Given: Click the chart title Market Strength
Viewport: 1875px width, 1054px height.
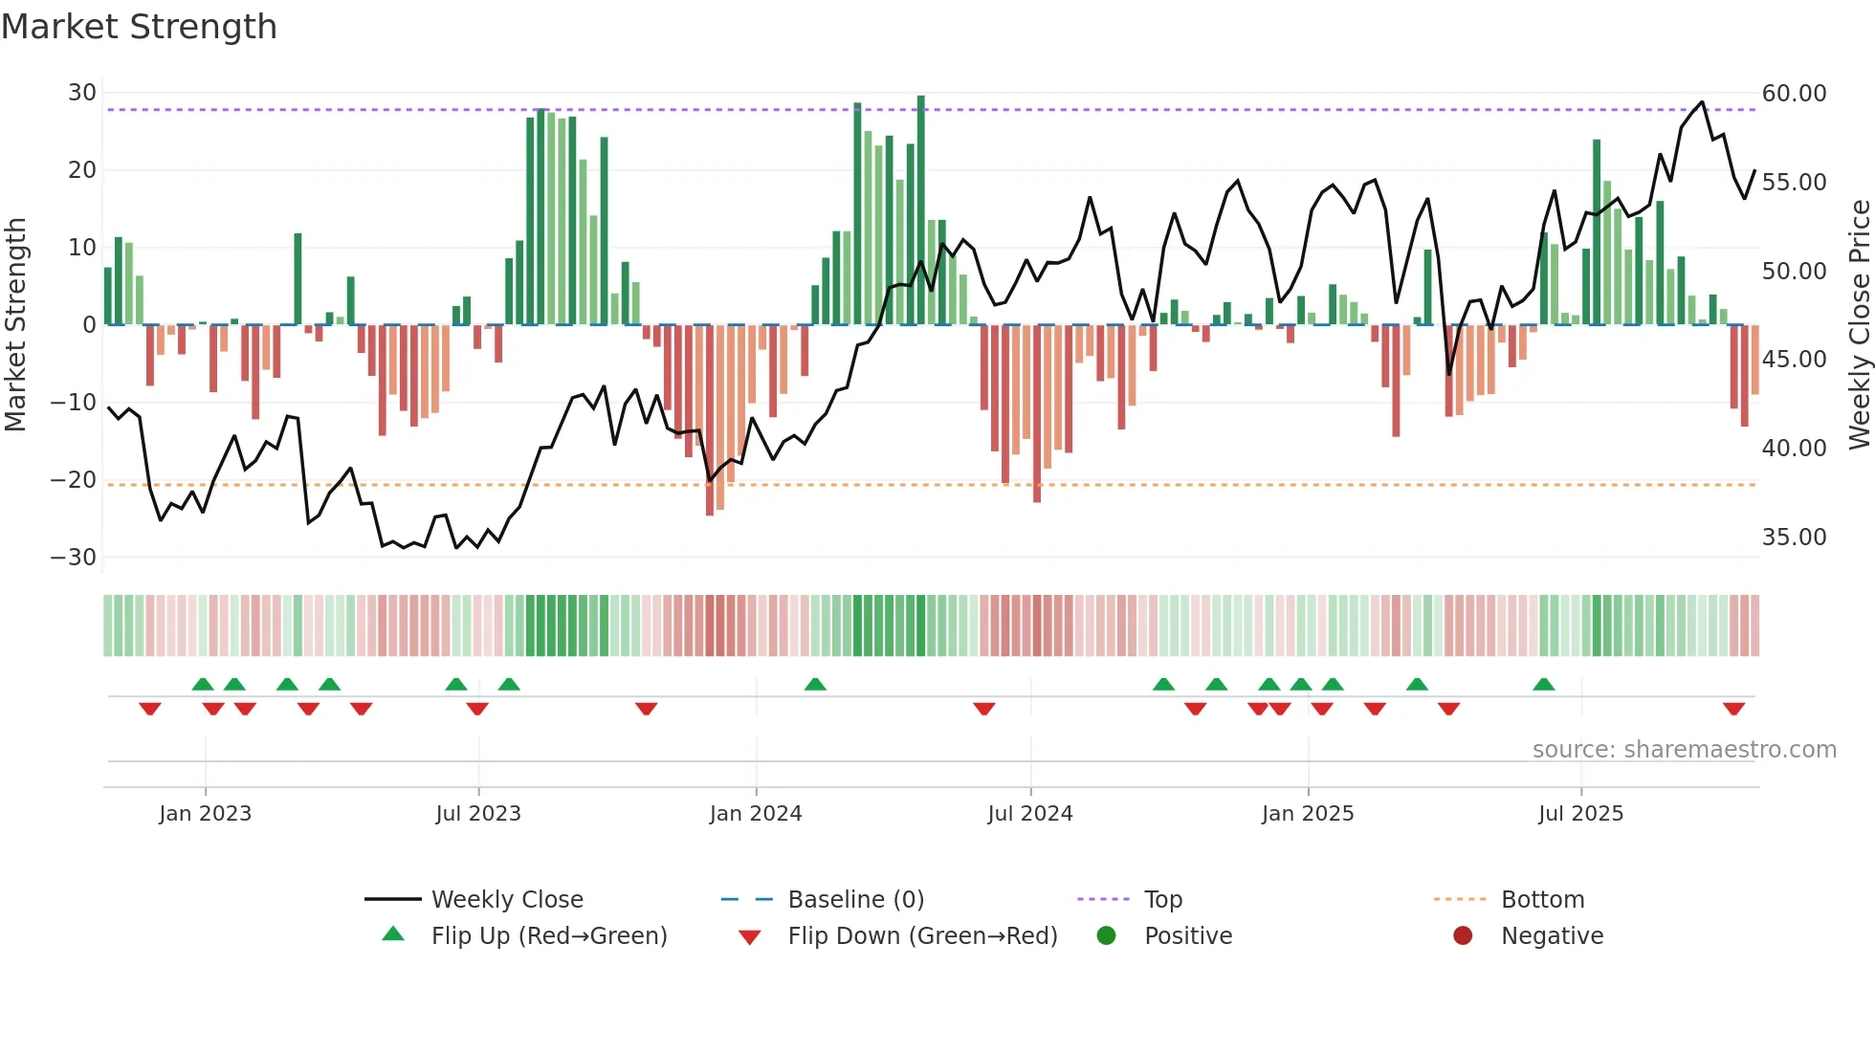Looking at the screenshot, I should click(x=139, y=27).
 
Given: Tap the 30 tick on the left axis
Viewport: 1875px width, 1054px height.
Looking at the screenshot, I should click(x=82, y=93).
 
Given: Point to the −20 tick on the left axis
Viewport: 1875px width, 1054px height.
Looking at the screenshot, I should click(x=75, y=480).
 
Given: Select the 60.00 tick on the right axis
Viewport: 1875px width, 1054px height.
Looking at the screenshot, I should click(x=1794, y=94).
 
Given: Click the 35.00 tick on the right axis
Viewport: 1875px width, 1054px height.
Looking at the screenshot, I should click(x=1794, y=538).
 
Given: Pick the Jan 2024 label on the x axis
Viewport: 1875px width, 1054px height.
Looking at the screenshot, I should click(x=755, y=814).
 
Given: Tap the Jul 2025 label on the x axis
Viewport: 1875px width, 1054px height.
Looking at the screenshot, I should click(x=1580, y=814).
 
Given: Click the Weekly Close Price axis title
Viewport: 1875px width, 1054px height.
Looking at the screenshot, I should click(x=1859, y=324).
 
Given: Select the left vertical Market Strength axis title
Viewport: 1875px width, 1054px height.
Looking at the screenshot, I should click(x=15, y=324).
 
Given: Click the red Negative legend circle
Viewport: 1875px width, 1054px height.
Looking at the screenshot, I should click(x=1462, y=936).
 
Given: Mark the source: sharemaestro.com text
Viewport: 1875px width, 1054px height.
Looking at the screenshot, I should click(x=1684, y=750).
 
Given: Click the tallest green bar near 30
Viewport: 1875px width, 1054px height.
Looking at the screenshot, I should click(x=920, y=210).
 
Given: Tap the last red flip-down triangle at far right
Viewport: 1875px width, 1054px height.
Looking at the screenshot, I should click(x=1733, y=709).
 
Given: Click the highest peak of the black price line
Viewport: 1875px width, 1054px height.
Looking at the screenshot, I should click(x=1702, y=102).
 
